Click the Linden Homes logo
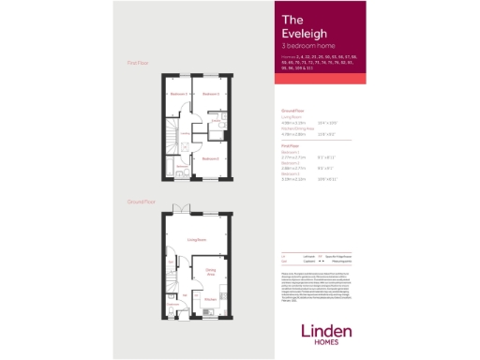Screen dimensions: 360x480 pos(327,333)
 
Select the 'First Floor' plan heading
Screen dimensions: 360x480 pos(138,63)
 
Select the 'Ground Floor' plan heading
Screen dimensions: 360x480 pos(142,202)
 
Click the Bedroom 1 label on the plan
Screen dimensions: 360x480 pos(209,94)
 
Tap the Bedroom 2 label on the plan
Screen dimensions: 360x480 pos(208,158)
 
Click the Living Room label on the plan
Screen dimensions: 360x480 pos(196,241)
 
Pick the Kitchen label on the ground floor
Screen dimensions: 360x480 pos(210,300)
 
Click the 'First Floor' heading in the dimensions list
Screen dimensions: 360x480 pos(292,145)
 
